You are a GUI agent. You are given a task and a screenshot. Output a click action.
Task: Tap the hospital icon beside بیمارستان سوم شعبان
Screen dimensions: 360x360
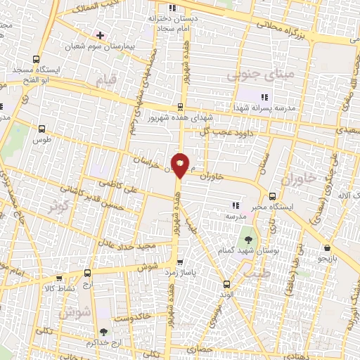pos(101,34)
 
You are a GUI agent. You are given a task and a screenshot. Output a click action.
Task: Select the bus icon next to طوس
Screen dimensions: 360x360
pos(42,129)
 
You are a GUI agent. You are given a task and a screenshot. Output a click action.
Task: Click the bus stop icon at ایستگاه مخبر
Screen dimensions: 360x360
pos(272,196)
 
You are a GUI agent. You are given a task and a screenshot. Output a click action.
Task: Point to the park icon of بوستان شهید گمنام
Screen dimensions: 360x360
pos(247,231)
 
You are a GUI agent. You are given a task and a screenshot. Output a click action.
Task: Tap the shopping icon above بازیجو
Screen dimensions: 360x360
pos(328,247)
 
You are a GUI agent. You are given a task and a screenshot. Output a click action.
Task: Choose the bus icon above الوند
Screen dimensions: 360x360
pos(226,285)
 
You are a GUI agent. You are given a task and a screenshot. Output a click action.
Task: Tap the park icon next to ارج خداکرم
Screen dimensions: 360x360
pos(105,332)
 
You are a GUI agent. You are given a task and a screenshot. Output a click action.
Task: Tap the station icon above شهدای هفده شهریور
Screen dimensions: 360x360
pos(181,107)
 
